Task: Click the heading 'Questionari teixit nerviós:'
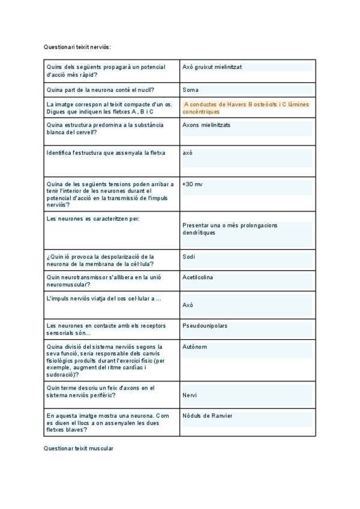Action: pyautogui.click(x=77, y=46)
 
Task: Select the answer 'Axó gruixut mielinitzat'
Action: pyautogui.click(x=212, y=67)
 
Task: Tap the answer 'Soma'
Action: pyautogui.click(x=191, y=90)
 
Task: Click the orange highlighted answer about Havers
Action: pyautogui.click(x=246, y=107)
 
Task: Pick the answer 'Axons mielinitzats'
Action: pyautogui.click(x=206, y=125)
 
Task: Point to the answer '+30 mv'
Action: pyautogui.click(x=193, y=184)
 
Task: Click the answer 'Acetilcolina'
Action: pyautogui.click(x=197, y=277)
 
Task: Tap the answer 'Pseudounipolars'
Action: pyautogui.click(x=205, y=326)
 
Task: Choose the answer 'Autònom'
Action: pyautogui.click(x=194, y=347)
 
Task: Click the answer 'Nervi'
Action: pyautogui.click(x=190, y=395)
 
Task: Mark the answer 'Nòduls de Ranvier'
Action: pyautogui.click(x=208, y=416)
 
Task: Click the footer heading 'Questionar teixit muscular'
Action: pyautogui.click(x=79, y=448)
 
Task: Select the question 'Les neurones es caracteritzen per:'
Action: pyautogui.click(x=93, y=218)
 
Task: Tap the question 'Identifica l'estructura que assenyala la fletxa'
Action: pyautogui.click(x=106, y=152)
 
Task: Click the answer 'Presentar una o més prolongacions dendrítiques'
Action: pyautogui.click(x=230, y=229)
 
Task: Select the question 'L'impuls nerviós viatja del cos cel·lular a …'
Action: pyautogui.click(x=104, y=298)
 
